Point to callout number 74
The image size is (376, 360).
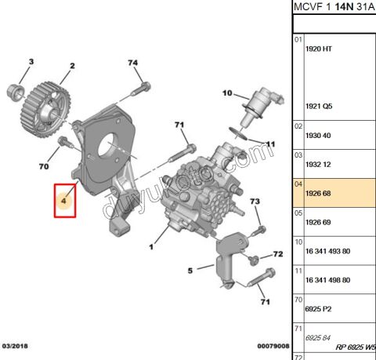pos(132,63)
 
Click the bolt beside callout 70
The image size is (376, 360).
pos(64,142)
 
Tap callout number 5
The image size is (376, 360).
pos(189,271)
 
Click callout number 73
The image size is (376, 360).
pos(254,202)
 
